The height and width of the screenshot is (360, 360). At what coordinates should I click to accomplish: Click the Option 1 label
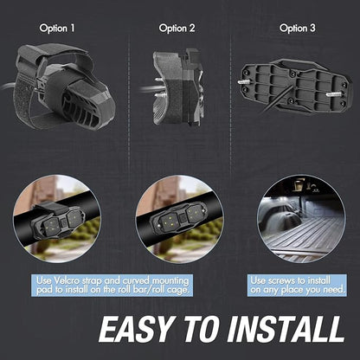click(57, 29)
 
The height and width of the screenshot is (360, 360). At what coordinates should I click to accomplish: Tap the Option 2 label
click(177, 29)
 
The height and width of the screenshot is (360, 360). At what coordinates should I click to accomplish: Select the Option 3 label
click(298, 29)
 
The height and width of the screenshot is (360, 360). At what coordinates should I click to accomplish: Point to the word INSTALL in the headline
click(286, 329)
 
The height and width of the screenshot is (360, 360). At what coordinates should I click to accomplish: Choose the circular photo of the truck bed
click(301, 219)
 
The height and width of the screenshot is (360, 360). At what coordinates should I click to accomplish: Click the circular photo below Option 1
click(57, 219)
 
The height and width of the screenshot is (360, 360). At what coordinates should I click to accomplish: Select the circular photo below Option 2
click(179, 219)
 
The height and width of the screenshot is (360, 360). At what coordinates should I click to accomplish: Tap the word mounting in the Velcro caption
click(170, 281)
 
